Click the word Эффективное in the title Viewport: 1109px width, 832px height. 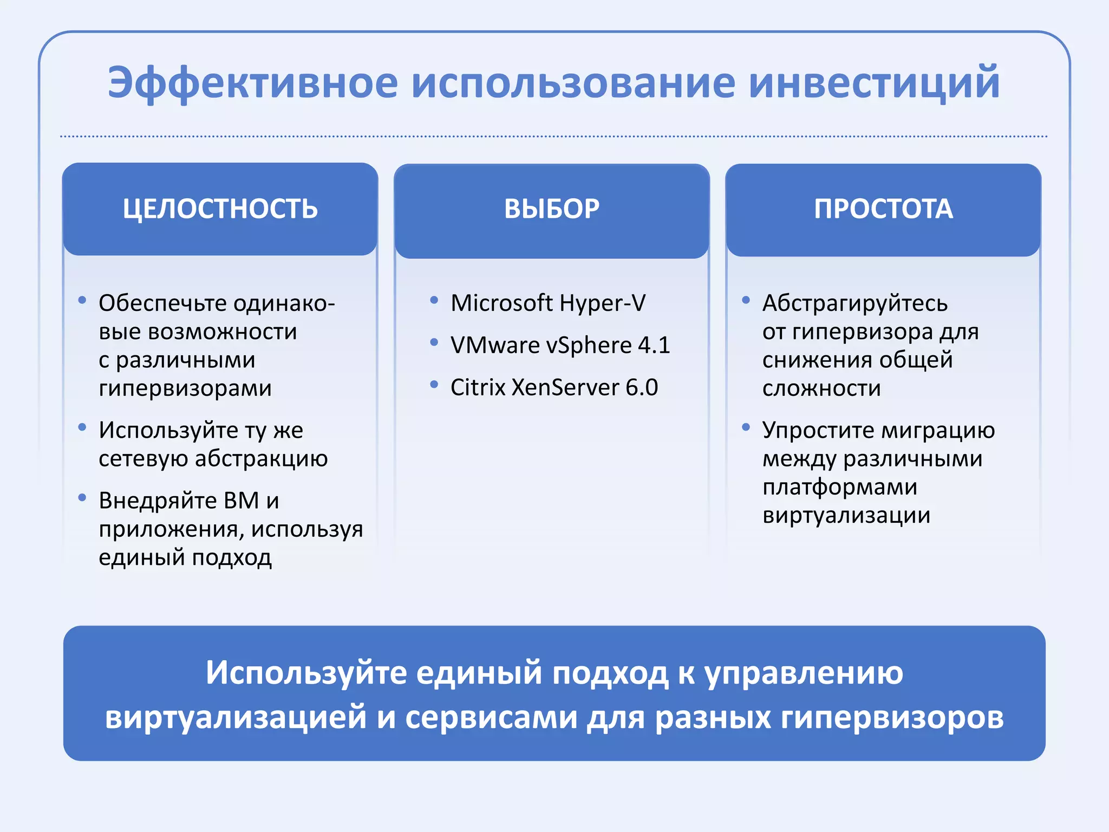point(252,83)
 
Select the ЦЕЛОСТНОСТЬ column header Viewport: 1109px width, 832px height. point(220,209)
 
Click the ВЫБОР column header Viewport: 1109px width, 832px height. point(552,209)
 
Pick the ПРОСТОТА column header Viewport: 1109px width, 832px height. point(883,209)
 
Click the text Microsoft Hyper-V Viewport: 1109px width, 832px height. point(548,303)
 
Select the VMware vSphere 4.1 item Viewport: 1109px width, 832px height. point(560,345)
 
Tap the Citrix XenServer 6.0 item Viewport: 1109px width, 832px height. point(554,387)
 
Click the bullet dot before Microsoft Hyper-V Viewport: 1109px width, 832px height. point(434,300)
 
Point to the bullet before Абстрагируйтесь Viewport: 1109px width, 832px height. point(746,300)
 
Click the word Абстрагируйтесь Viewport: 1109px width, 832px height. point(854,303)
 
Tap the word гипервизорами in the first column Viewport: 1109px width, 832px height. point(185,388)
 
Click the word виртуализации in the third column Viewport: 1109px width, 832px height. point(846,515)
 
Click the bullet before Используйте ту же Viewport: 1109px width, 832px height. point(82,427)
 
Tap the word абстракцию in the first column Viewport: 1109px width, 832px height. point(262,459)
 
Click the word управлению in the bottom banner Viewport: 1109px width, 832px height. point(804,673)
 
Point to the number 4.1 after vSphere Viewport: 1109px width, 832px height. point(654,345)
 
